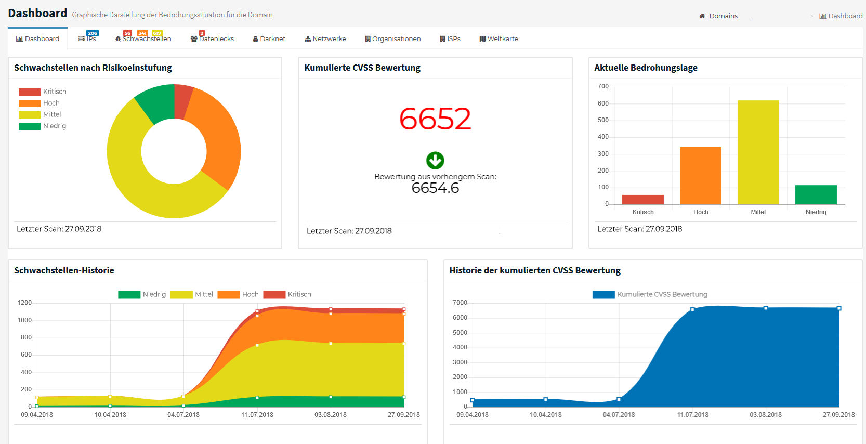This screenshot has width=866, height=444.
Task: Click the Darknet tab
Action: click(269, 39)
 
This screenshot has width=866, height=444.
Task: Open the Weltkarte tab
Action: click(499, 39)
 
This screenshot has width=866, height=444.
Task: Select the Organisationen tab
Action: click(393, 39)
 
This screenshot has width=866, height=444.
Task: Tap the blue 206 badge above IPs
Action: click(93, 33)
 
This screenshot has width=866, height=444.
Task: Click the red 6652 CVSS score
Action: click(435, 119)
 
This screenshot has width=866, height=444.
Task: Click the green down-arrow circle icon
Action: click(435, 161)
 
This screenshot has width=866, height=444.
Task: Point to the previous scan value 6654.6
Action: click(435, 188)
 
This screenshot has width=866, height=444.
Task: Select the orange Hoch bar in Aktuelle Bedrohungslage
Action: click(700, 176)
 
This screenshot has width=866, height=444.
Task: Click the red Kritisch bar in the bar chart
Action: click(642, 200)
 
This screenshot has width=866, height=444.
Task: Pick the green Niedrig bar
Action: click(816, 195)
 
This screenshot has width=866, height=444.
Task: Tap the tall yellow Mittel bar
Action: click(758, 152)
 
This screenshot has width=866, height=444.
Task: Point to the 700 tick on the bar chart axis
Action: click(603, 86)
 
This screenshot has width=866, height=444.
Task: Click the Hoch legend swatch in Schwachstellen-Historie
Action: click(228, 295)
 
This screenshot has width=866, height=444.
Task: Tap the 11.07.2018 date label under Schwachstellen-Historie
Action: click(257, 415)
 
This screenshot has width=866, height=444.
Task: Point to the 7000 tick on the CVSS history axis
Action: click(460, 303)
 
